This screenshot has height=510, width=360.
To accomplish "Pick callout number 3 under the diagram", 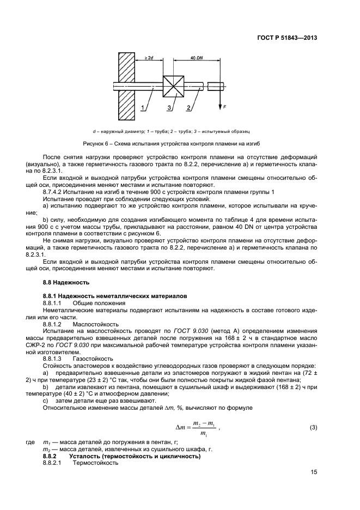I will tap(169, 109).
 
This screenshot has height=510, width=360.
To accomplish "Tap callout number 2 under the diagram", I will tap(188, 109).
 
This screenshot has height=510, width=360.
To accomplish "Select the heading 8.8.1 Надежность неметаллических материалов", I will tap(114, 296).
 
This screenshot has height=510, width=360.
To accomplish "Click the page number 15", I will tap(313, 472).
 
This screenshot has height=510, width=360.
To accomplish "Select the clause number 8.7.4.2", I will tap(54, 192).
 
